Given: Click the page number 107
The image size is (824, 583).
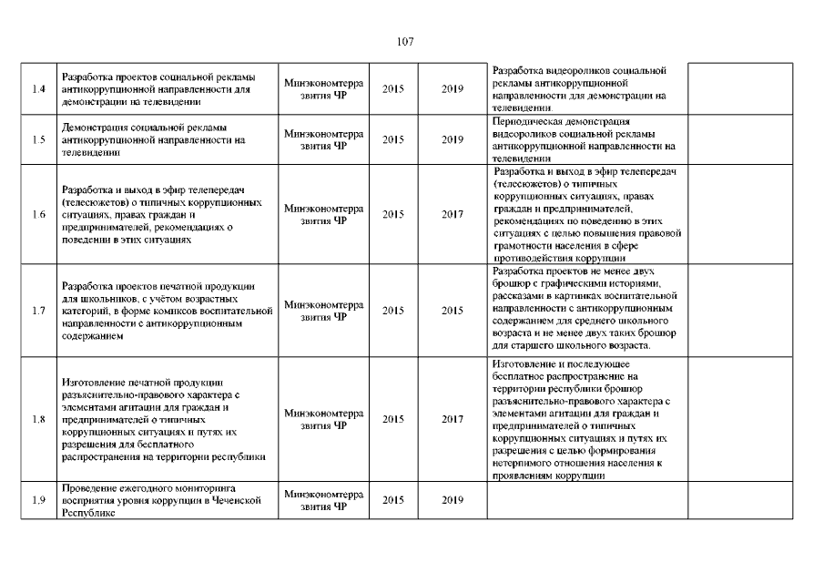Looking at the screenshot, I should point(406,41).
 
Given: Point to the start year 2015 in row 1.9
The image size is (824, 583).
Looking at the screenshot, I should point(393,500).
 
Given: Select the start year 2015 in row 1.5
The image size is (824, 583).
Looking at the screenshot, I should point(393,140).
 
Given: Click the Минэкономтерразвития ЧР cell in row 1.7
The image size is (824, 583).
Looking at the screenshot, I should point(323,311).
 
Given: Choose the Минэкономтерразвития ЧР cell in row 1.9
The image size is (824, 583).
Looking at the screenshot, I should point(323,500).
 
